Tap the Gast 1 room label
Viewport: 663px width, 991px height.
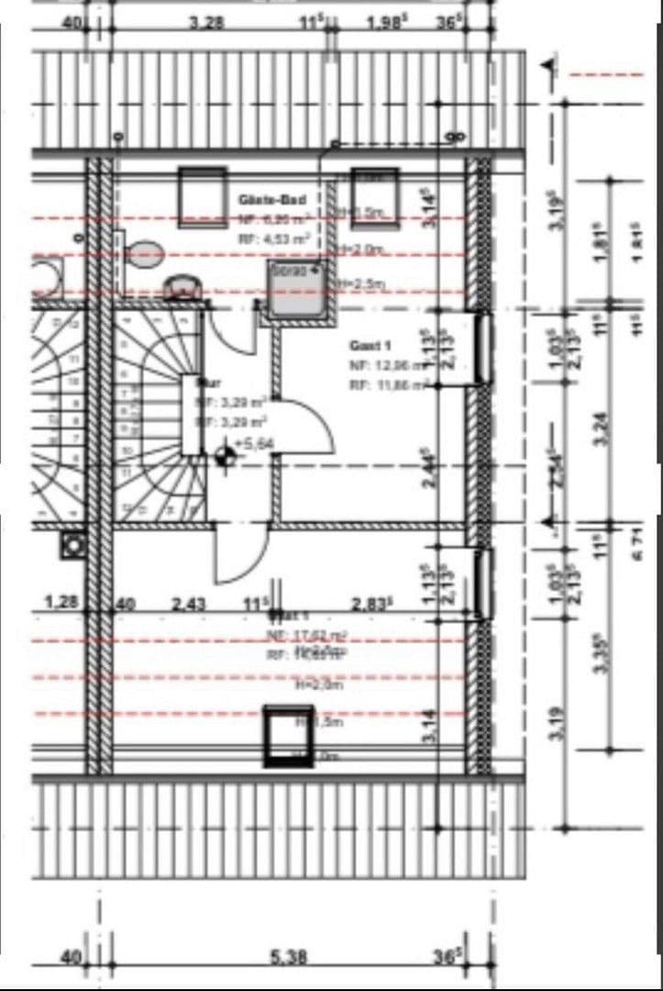point(370,346)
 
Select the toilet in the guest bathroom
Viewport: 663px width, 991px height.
point(145,253)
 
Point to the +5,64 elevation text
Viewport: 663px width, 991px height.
point(251,445)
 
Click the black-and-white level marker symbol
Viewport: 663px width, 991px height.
point(223,454)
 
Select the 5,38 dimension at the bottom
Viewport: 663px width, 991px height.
point(288,957)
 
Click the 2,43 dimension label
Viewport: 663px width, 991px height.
point(191,604)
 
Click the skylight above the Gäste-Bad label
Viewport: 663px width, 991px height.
point(202,195)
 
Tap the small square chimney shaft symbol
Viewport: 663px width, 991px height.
point(72,544)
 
